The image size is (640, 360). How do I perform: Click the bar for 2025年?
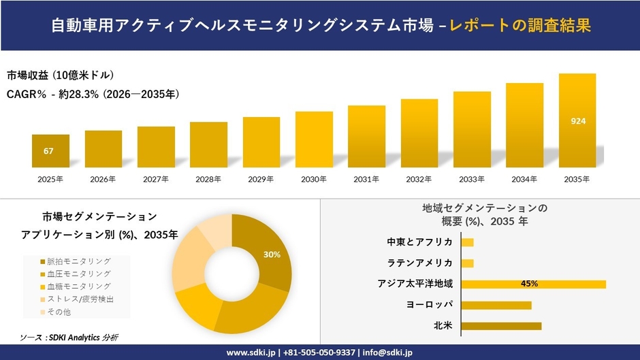[50, 151]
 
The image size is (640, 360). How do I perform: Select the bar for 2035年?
[577, 120]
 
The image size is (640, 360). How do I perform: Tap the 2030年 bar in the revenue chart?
[314, 140]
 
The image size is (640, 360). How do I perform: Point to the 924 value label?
[578, 121]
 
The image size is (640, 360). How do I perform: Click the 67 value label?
[48, 151]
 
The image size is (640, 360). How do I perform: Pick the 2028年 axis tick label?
[208, 180]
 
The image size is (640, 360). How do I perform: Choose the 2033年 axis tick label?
[472, 180]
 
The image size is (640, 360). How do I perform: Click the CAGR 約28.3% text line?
[93, 95]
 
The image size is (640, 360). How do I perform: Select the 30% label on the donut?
[272, 255]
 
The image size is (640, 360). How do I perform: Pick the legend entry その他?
[59, 312]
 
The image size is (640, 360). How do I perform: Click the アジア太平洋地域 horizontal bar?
[533, 284]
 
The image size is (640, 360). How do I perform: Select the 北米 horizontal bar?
[501, 325]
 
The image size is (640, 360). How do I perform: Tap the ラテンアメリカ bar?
[467, 263]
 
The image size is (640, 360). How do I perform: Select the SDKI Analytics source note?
[70, 338]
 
